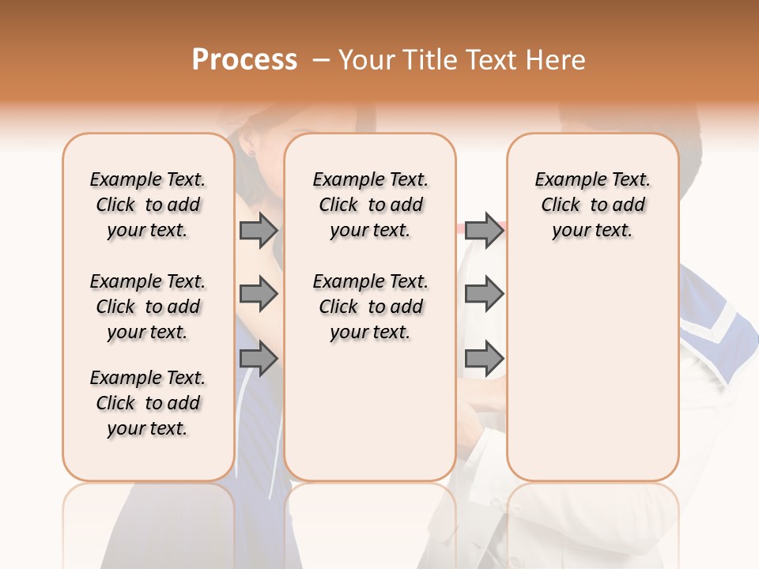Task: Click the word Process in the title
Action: click(244, 60)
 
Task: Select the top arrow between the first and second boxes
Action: click(258, 230)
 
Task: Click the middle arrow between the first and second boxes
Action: click(258, 294)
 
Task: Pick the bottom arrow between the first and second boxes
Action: click(258, 360)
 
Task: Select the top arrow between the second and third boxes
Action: click(484, 230)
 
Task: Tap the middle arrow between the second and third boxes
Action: click(484, 294)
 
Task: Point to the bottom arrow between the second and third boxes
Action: click(484, 360)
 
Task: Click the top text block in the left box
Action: click(148, 205)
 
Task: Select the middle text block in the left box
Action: click(148, 307)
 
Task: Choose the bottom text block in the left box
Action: click(148, 403)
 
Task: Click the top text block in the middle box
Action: click(370, 205)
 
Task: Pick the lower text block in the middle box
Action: click(370, 307)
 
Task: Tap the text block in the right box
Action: click(592, 205)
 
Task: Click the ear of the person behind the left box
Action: click(251, 145)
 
